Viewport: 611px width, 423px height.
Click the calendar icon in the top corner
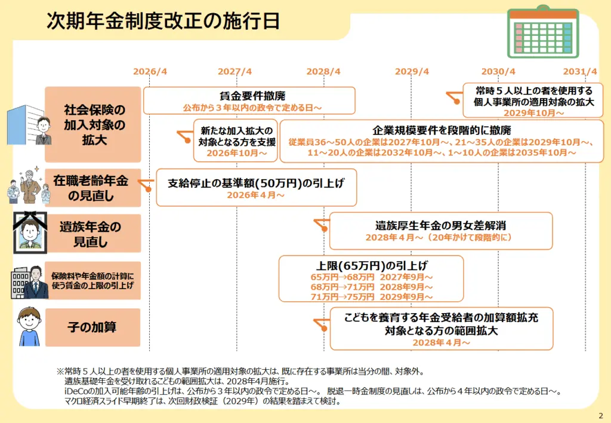[x=543, y=32]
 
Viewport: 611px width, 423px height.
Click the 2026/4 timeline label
[x=150, y=72]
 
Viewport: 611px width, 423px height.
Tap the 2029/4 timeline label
[x=412, y=72]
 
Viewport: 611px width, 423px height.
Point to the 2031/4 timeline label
[x=580, y=72]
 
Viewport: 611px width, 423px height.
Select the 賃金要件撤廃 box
[x=249, y=101]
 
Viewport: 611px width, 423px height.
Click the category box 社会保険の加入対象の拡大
[x=92, y=124]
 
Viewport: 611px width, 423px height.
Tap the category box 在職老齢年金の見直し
[x=92, y=188]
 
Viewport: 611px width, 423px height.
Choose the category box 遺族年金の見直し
[x=92, y=234]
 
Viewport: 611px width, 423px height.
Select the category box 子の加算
[x=92, y=327]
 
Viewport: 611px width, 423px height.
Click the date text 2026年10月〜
[x=236, y=154]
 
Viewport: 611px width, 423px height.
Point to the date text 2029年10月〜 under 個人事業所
[x=534, y=113]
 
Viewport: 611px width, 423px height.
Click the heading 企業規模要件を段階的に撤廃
[x=442, y=130]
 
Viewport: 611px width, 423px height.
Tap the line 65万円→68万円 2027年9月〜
[x=371, y=277]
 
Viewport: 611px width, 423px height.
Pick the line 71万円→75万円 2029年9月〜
[x=371, y=297]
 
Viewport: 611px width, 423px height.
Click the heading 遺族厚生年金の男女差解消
[x=441, y=226]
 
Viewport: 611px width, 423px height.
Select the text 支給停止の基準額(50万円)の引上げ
[x=256, y=183]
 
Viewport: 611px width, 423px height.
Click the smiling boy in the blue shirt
[x=29, y=327]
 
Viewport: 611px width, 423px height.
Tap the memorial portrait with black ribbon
[x=30, y=232]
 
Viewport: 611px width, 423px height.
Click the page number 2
[x=601, y=416]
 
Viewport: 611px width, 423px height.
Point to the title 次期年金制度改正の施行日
[x=163, y=21]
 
